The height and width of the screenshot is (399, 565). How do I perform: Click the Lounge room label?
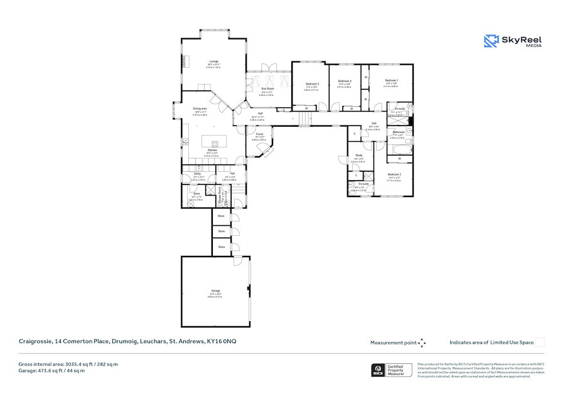click(x=213, y=61)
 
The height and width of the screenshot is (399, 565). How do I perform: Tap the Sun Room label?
click(x=267, y=89)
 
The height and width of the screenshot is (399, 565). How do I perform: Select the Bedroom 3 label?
click(x=312, y=84)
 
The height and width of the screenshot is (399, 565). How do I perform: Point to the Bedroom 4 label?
click(x=345, y=82)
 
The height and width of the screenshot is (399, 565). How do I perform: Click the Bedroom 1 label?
click(x=391, y=80)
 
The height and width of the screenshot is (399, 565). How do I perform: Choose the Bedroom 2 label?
click(x=394, y=174)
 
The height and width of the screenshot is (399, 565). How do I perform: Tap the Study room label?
click(x=358, y=155)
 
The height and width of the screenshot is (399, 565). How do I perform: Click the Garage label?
click(x=215, y=291)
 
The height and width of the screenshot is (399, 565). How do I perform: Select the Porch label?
click(x=259, y=134)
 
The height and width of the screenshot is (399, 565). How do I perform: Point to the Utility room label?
click(x=197, y=174)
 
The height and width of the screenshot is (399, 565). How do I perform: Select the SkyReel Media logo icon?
click(x=490, y=41)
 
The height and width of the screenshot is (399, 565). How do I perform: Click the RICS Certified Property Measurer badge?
click(x=392, y=370)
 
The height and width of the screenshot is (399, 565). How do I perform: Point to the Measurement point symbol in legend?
click(x=422, y=343)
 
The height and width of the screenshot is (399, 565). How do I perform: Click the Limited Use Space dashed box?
click(x=539, y=342)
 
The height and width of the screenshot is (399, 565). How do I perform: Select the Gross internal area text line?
click(x=68, y=364)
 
